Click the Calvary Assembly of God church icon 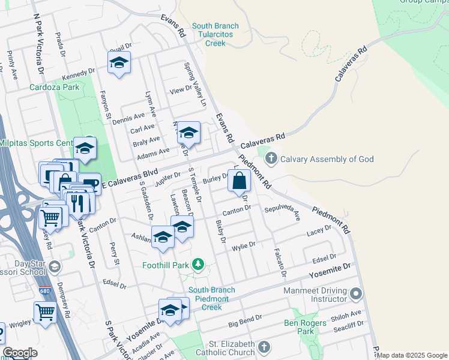click(x=271, y=159)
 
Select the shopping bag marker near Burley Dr click(x=239, y=181)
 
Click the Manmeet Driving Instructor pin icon click(x=357, y=294)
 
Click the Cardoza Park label click(x=54, y=86)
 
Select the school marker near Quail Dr click(x=119, y=63)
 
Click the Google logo click(x=20, y=353)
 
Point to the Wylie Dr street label click(x=244, y=245)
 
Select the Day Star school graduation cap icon click(x=55, y=266)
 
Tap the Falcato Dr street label click(x=280, y=263)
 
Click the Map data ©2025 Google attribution click(x=412, y=355)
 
